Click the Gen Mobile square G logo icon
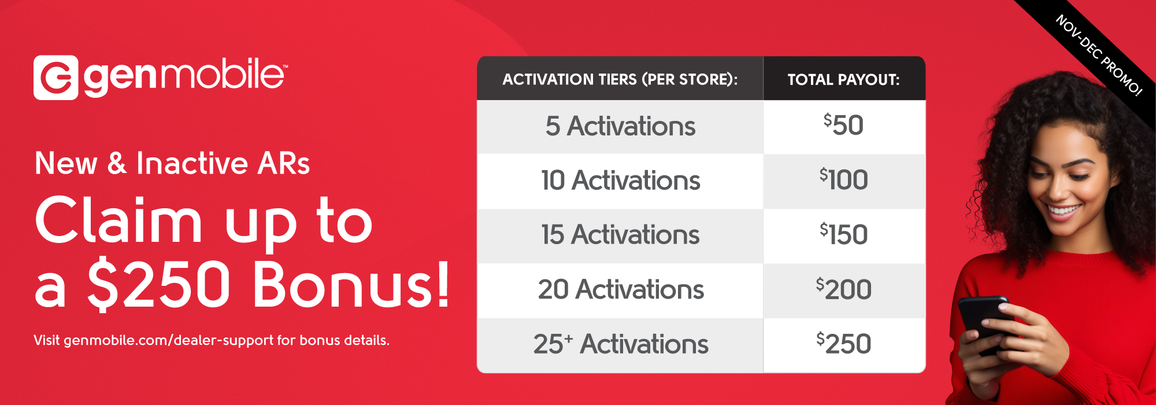[55, 78]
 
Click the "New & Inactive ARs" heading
[172, 163]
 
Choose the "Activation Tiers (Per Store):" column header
[620, 79]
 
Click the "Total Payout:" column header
[844, 80]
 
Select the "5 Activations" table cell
[620, 126]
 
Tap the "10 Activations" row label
[620, 181]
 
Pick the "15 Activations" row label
[620, 235]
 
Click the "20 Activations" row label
[621, 289]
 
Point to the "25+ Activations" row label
[621, 344]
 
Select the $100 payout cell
[844, 179]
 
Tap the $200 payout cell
[844, 289]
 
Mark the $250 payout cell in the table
[844, 344]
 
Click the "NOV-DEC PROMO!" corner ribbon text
[1099, 56]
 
